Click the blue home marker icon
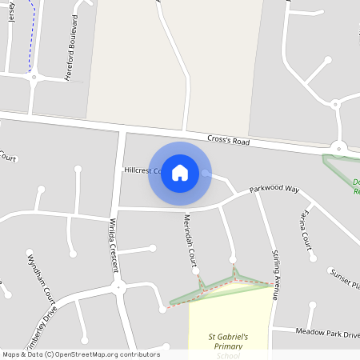pyautogui.click(x=180, y=173)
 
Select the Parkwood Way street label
pyautogui.click(x=274, y=190)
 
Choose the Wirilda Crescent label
pyautogui.click(x=114, y=241)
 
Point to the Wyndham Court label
pyautogui.click(x=38, y=276)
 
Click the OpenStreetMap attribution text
pyautogui.click(x=81, y=354)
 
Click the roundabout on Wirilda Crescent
pyautogui.click(x=118, y=286)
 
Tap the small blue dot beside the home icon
pyautogui.click(x=206, y=173)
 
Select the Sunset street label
pyautogui.click(x=345, y=279)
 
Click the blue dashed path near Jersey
pyautogui.click(x=31, y=48)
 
